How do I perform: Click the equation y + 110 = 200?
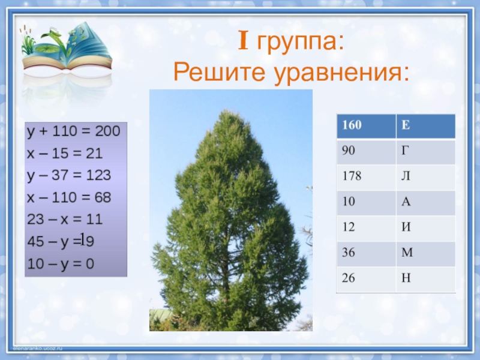tap(73, 131)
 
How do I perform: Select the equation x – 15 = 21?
tap(65, 154)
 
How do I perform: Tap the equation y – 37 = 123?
tap(69, 176)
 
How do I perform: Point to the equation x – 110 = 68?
tap(69, 197)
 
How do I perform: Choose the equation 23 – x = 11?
tap(65, 220)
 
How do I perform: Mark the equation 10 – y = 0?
tap(61, 264)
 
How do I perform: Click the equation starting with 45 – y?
tap(61, 241)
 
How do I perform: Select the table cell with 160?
tap(366, 126)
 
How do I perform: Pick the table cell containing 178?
tap(366, 177)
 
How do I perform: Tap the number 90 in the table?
tap(349, 151)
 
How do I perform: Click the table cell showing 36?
tap(366, 253)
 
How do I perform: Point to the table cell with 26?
tap(366, 279)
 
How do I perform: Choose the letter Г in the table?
tap(405, 151)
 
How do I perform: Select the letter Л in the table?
tap(406, 176)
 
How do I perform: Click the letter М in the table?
tap(407, 253)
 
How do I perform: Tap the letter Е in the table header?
tap(406, 125)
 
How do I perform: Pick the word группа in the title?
tap(301, 43)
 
